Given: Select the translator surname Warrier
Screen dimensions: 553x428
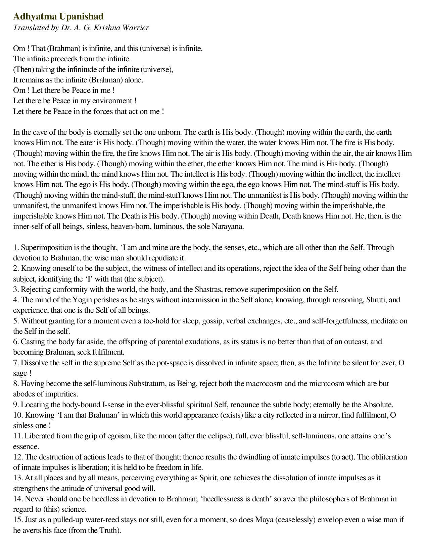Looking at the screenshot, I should coord(136,27).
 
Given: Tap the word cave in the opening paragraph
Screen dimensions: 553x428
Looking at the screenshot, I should coord(39,132).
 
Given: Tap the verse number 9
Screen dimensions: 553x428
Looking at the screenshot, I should coord(16,405).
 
